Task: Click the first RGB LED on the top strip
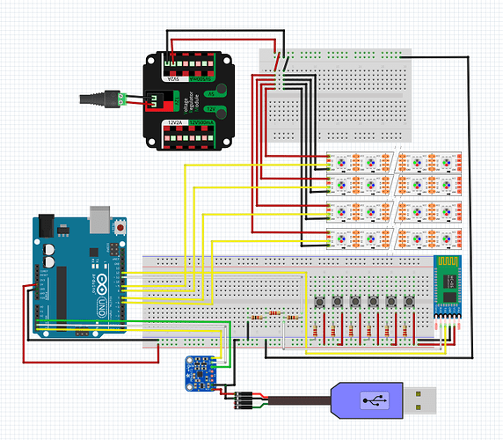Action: [x=339, y=164]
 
